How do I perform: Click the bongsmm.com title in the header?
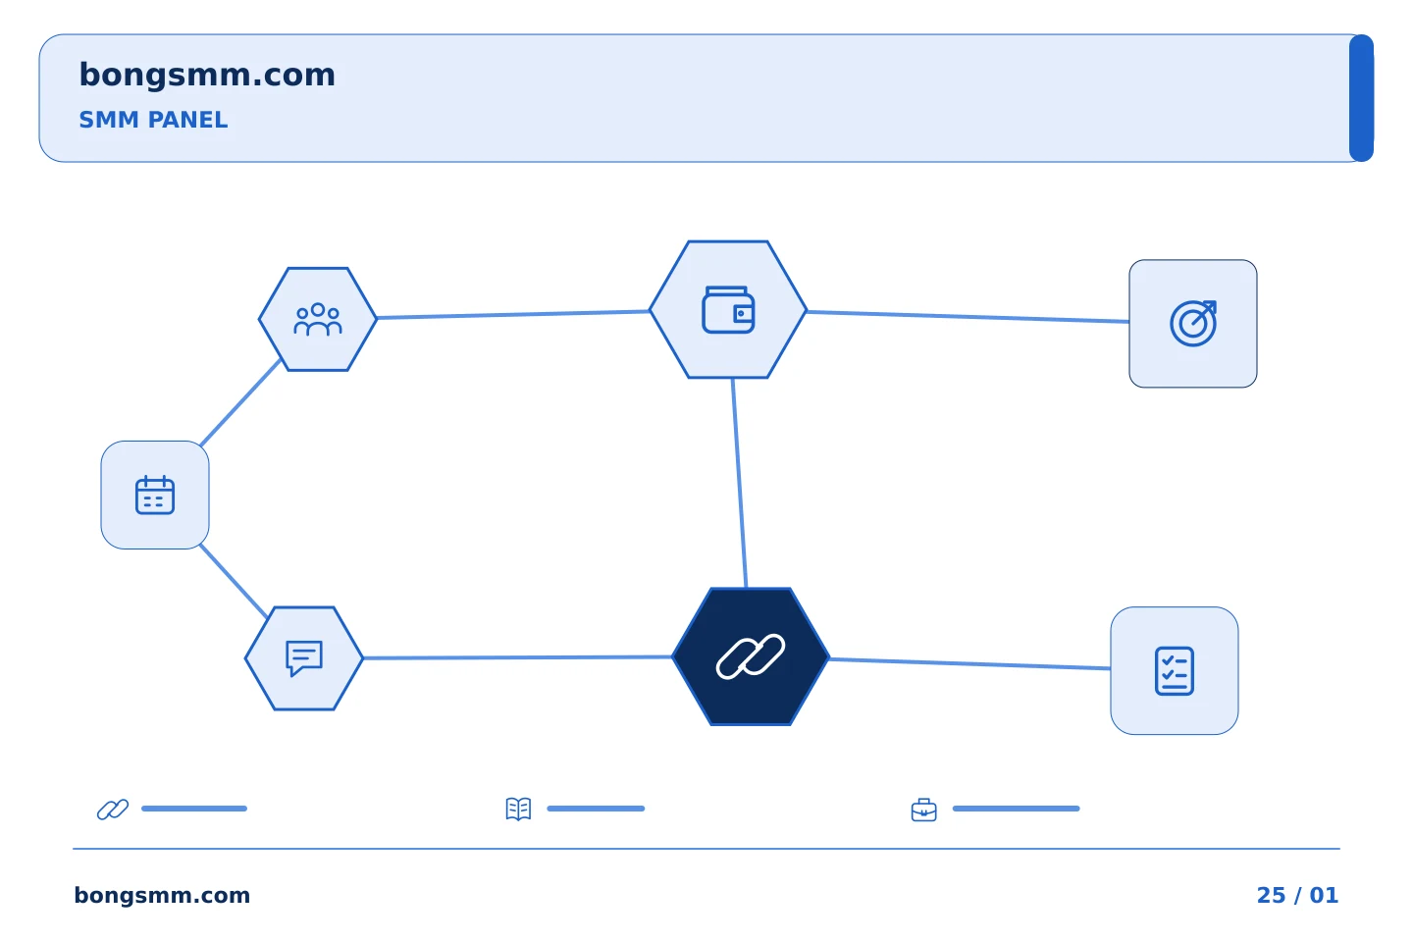[x=207, y=76]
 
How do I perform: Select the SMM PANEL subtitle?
[x=153, y=120]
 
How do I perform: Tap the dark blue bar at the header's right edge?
[x=1361, y=98]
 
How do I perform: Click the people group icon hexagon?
[x=318, y=319]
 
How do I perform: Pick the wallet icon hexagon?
[x=728, y=310]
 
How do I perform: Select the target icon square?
[x=1193, y=324]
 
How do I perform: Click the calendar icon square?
[x=155, y=496]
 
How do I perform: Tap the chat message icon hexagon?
[x=304, y=658]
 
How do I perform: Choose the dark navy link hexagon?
[x=751, y=656]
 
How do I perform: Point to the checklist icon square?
[x=1175, y=671]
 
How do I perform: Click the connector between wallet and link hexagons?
[x=739, y=483]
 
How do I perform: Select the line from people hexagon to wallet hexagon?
[x=513, y=314]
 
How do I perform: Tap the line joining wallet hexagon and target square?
[x=968, y=317]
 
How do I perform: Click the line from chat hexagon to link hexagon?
[x=518, y=657]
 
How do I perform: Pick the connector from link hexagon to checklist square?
[x=970, y=663]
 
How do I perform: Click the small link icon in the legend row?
[x=113, y=809]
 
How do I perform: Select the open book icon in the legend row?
[x=518, y=809]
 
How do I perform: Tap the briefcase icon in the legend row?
[x=924, y=811]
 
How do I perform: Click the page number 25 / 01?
[x=1297, y=895]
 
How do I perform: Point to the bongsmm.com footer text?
[x=162, y=895]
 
